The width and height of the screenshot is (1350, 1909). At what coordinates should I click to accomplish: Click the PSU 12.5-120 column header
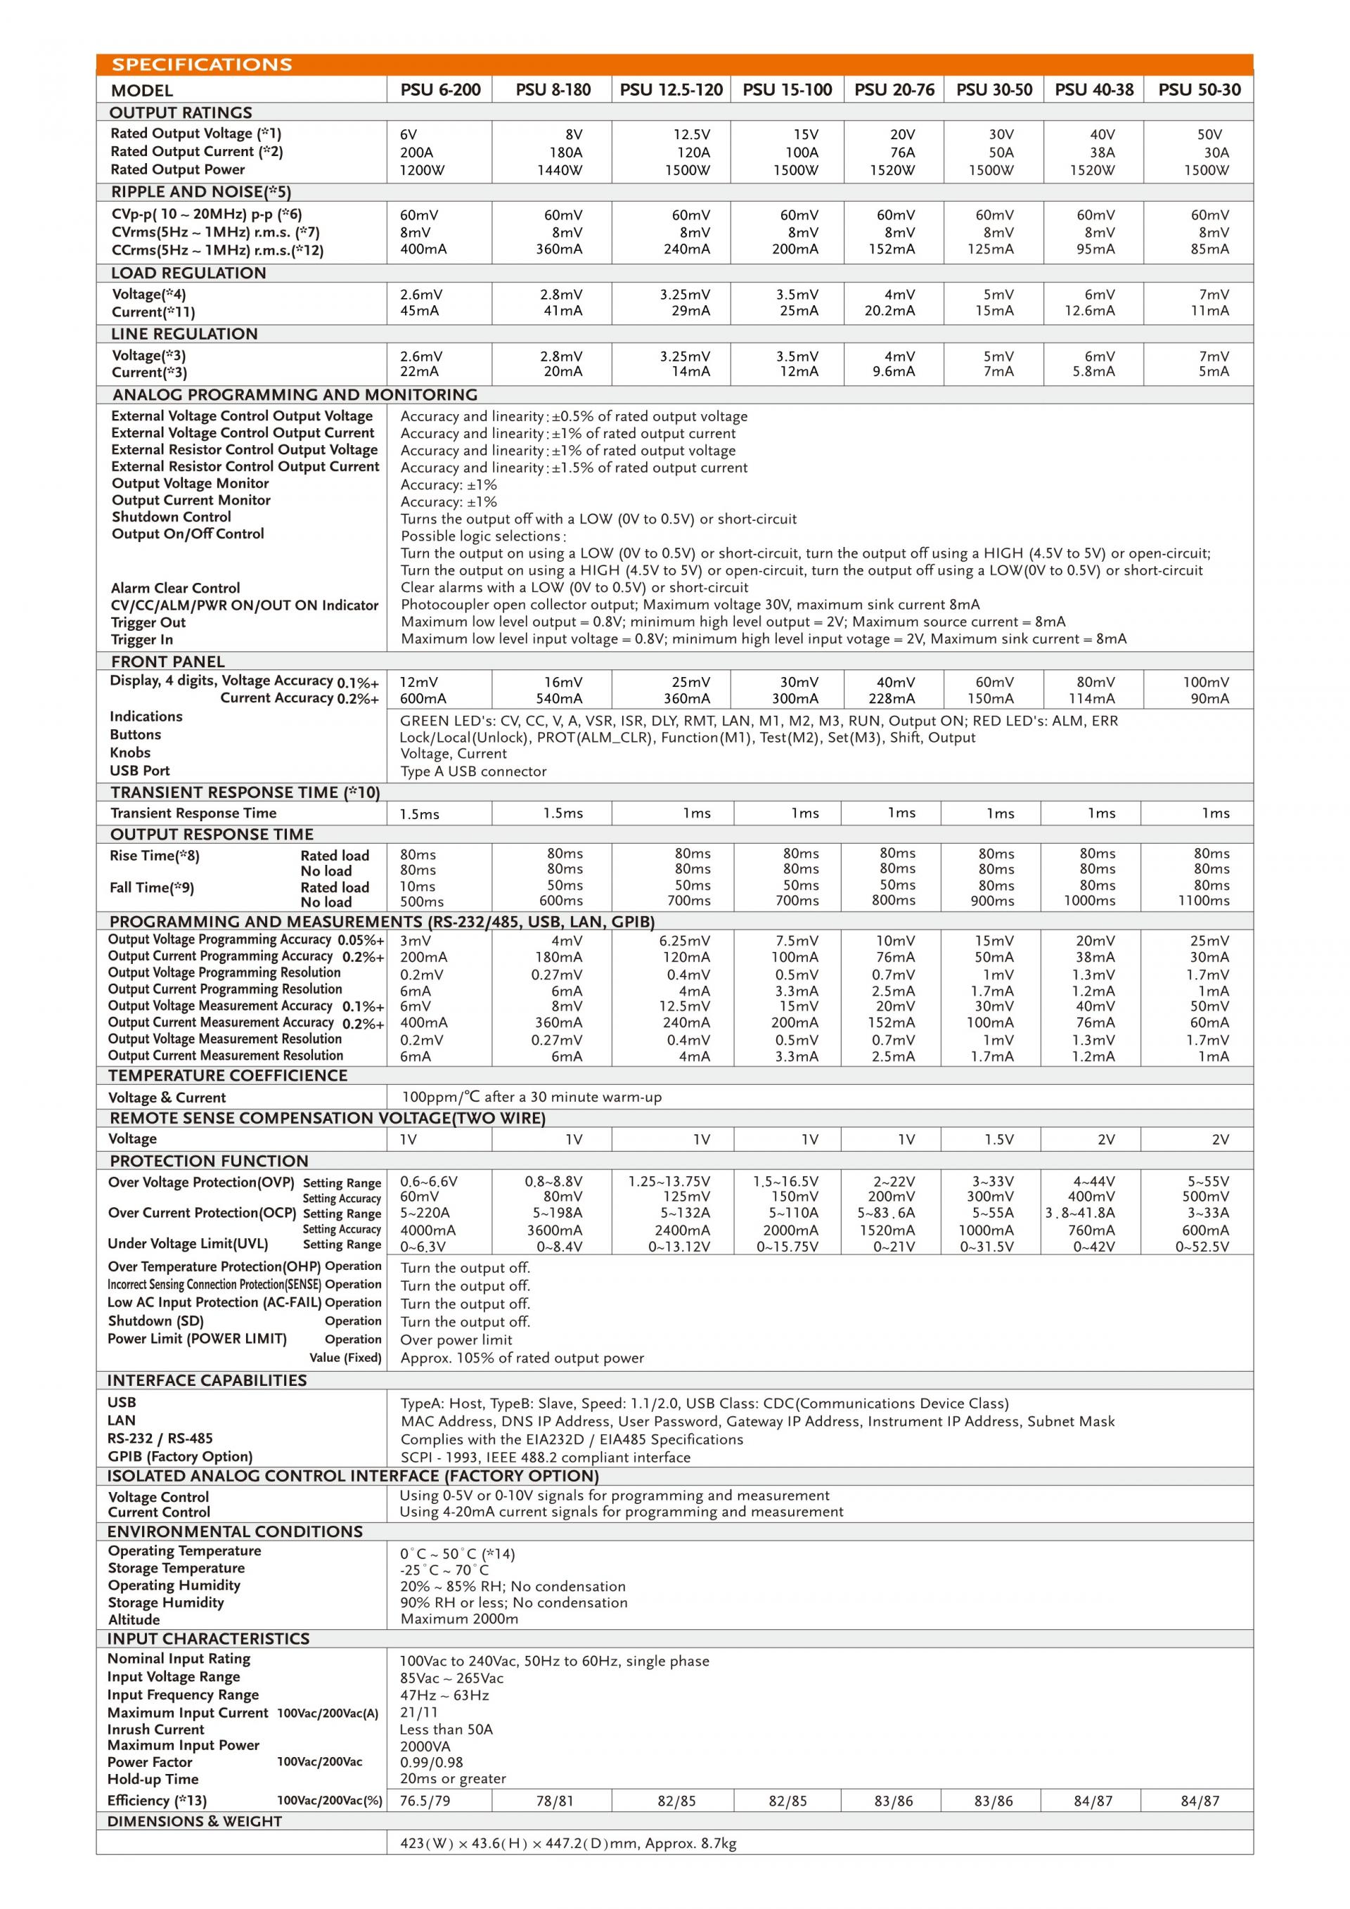pos(671,90)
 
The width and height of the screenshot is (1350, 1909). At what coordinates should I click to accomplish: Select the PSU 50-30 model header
pos(1199,90)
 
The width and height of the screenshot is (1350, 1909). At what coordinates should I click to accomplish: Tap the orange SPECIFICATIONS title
pos(202,65)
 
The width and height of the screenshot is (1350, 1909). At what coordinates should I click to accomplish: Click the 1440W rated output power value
pos(560,170)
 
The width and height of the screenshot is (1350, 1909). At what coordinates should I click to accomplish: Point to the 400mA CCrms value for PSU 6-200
pos(423,250)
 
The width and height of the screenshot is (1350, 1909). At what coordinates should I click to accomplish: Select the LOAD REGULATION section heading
pos(188,274)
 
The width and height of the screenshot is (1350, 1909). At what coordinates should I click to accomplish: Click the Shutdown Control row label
pos(172,518)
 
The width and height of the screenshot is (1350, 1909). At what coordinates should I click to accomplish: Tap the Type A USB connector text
pos(473,771)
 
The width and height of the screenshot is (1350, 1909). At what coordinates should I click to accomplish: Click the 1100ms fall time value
pos(1204,901)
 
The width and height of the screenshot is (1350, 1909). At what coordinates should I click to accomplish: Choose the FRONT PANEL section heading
pos(168,662)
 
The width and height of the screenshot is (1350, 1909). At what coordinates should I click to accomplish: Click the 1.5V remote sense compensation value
pos(998,1140)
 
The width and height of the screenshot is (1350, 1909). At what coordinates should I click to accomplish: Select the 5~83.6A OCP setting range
pos(886,1213)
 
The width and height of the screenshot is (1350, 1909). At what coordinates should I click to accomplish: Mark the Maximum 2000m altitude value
pos(459,1619)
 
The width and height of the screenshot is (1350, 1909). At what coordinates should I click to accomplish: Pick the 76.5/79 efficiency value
pos(425,1801)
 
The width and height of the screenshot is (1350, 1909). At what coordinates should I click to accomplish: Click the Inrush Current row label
pos(155,1730)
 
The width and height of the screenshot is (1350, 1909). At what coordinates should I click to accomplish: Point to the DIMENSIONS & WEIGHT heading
pos(195,1822)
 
